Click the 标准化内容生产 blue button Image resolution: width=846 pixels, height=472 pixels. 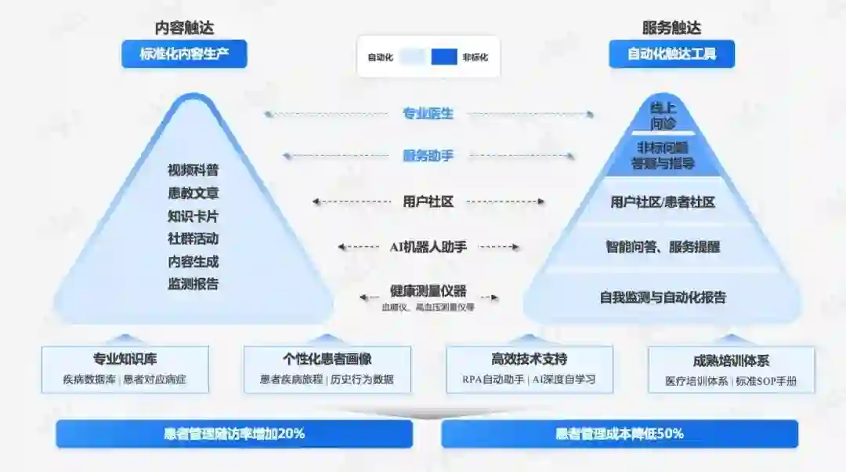183,54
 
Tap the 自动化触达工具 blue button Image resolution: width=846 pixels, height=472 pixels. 671,54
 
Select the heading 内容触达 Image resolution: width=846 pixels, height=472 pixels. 184,28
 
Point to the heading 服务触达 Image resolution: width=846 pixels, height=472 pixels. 671,28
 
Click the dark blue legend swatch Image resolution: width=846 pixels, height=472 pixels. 443,56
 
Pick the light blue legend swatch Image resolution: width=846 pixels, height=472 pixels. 412,56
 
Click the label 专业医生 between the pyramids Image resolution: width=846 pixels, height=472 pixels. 428,114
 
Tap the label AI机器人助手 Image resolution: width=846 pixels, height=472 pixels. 428,247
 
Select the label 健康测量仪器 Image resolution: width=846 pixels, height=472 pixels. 428,291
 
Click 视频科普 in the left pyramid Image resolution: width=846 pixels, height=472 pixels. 193,170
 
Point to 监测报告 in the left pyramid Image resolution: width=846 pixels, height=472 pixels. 193,284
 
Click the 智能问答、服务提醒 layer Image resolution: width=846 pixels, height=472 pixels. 663,247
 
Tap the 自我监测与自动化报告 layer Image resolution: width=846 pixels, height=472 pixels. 663,297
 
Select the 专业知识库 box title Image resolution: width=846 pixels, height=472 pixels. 125,359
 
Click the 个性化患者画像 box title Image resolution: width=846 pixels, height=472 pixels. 327,359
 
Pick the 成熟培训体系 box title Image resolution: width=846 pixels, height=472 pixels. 731,361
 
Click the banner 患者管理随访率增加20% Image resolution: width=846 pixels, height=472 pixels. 234,433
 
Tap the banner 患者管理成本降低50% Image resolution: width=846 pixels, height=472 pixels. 619,433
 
